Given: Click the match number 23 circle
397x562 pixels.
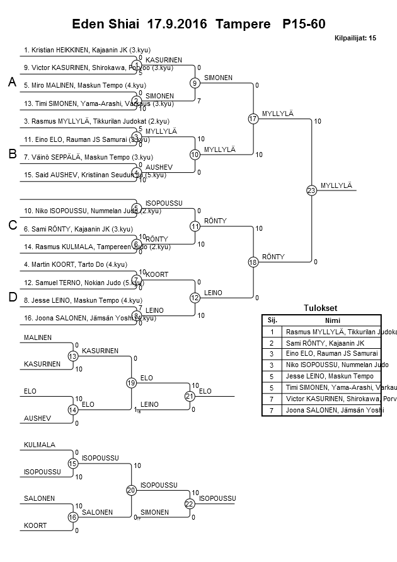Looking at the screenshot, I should pyautogui.click(x=311, y=190).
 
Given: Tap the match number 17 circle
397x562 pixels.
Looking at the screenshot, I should pyautogui.click(x=253, y=119).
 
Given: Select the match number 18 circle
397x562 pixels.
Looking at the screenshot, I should pyautogui.click(x=253, y=262).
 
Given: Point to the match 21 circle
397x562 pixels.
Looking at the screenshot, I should pyautogui.click(x=190, y=396).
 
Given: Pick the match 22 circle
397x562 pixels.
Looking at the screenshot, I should pyautogui.click(x=190, y=503).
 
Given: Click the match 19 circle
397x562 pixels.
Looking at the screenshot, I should pyautogui.click(x=131, y=383).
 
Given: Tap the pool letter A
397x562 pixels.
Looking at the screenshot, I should pyautogui.click(x=11, y=83).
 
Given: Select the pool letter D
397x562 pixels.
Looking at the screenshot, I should pyautogui.click(x=11, y=298).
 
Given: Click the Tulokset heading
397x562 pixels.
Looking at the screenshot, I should pyautogui.click(x=321, y=308).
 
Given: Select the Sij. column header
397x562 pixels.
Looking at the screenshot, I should pyautogui.click(x=272, y=320).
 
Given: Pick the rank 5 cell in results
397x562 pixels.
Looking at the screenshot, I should pyautogui.click(x=272, y=376).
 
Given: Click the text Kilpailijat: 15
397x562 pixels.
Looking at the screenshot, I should pyautogui.click(x=355, y=38).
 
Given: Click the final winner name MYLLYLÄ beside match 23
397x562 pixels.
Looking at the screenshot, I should pyautogui.click(x=336, y=185).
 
